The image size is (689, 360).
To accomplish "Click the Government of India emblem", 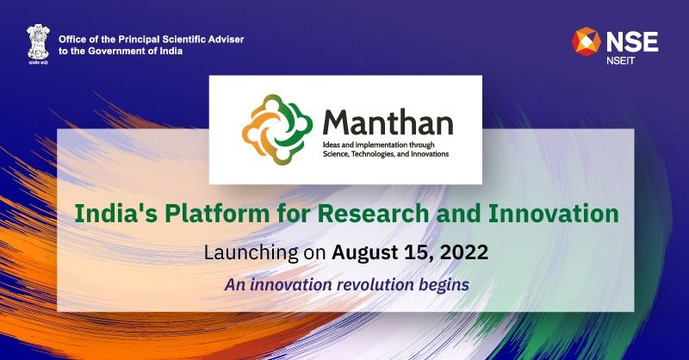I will tap(37, 44).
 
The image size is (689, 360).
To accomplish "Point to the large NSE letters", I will tap(631, 40).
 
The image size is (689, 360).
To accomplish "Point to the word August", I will tap(364, 252).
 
